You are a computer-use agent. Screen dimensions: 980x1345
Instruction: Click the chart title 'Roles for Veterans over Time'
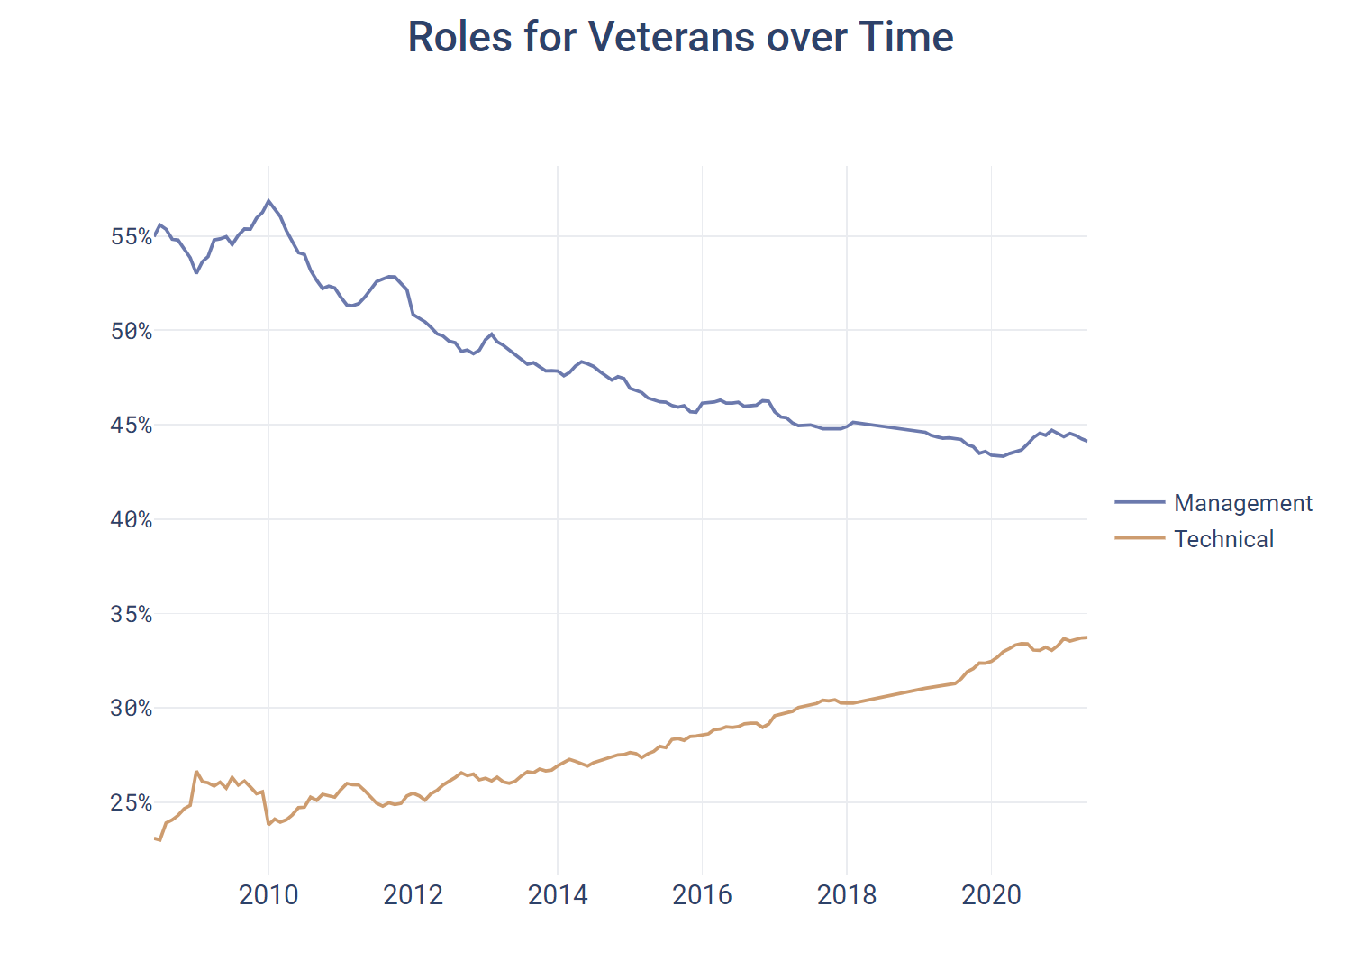click(x=680, y=38)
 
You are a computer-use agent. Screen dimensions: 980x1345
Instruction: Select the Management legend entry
click(x=1242, y=503)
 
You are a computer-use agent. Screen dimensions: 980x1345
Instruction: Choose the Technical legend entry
click(x=1223, y=539)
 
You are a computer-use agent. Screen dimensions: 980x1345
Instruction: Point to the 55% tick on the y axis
click(x=132, y=237)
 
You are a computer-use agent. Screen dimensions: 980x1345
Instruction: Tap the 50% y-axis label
click(x=132, y=331)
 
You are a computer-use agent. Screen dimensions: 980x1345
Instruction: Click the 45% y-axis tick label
click(x=132, y=426)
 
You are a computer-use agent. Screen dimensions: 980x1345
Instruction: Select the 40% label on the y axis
click(x=132, y=520)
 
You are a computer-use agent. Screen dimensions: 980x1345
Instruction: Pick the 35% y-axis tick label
click(x=132, y=615)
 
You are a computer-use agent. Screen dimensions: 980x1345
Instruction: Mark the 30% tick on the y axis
click(x=132, y=709)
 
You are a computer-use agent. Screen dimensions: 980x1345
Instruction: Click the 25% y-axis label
click(x=132, y=803)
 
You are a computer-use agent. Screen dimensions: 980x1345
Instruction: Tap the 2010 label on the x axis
click(x=268, y=895)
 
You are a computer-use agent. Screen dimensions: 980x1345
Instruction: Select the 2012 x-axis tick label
click(x=413, y=895)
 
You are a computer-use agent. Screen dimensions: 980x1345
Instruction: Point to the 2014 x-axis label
click(x=558, y=895)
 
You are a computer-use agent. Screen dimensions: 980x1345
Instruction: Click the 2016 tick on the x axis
click(x=703, y=895)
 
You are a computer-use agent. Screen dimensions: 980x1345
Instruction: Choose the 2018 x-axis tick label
click(x=847, y=895)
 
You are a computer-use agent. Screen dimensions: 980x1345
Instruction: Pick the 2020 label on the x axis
click(x=992, y=895)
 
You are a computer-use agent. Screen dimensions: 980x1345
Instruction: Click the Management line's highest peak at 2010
click(x=268, y=200)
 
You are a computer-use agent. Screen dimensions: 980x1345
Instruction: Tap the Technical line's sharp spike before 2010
click(x=196, y=772)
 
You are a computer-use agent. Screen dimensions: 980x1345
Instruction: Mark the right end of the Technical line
click(x=1086, y=637)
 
